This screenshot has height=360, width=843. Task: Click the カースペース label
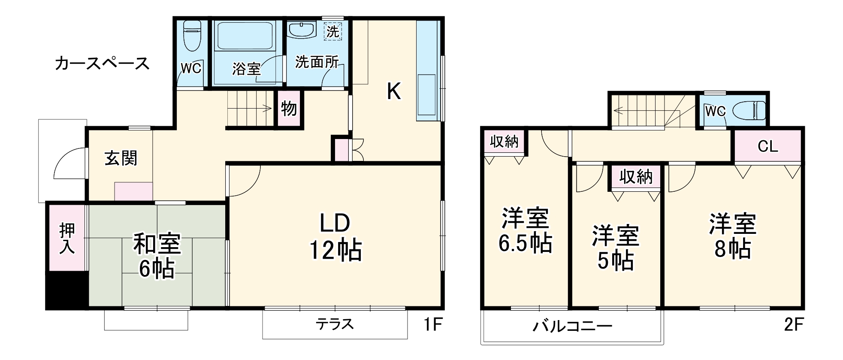(102, 64)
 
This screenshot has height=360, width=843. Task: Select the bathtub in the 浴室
(246, 36)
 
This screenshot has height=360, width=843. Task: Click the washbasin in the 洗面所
(302, 30)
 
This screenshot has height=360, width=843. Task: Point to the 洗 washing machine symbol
(332, 31)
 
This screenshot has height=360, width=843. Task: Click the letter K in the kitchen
(394, 91)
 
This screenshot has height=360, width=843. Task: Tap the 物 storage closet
(289, 109)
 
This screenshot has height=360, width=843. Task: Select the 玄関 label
(121, 159)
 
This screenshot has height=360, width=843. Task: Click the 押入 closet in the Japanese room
(67, 238)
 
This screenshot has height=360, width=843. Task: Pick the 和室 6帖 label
(157, 256)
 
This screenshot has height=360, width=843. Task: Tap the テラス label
(335, 324)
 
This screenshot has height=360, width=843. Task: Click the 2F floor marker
(793, 324)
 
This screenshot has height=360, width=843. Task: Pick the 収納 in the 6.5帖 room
(505, 142)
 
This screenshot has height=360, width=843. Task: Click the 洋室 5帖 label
(616, 248)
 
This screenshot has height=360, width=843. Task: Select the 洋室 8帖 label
(732, 236)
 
